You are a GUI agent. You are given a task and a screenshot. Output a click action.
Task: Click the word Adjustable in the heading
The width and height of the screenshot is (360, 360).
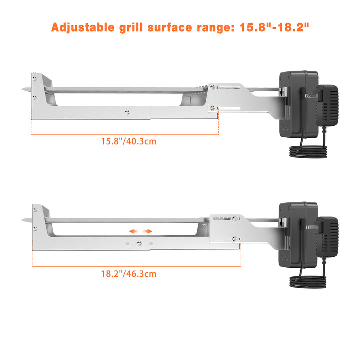point(83,28)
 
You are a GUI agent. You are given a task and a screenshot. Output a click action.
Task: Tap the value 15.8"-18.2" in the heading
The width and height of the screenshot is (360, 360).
point(274,27)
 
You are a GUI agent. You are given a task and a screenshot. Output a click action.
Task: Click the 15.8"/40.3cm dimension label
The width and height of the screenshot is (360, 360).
point(129,141)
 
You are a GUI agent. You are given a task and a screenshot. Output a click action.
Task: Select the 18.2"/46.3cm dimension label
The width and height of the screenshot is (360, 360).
point(129,274)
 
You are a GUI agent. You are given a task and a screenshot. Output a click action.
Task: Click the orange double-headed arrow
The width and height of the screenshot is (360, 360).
point(141,231)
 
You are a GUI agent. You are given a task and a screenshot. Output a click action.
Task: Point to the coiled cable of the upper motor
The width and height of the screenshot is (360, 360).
point(308,151)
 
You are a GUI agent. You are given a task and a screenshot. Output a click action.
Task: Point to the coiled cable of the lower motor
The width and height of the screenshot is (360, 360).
point(308,282)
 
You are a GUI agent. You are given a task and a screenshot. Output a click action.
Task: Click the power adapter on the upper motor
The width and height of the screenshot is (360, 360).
point(327,105)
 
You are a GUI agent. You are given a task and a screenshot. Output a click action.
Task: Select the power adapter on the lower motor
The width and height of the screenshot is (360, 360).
point(327,237)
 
